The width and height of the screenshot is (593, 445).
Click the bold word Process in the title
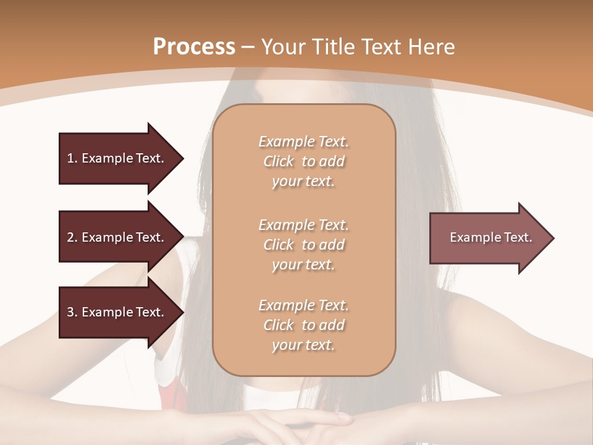coord(194,47)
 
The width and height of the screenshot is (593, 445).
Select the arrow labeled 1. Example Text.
coord(117,158)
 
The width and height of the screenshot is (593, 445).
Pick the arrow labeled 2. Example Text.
coord(117,237)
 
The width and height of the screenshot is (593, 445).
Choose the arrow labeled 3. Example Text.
coord(117,312)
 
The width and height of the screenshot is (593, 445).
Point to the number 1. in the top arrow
coord(72,158)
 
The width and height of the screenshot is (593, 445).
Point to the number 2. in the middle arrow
coord(72,237)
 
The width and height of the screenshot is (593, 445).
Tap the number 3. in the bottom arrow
coord(72,312)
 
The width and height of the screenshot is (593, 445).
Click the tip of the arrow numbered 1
coord(181,158)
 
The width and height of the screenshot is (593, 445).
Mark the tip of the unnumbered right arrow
coord(552,237)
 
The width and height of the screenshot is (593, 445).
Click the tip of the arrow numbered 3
coord(181,312)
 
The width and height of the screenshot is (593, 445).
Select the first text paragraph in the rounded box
coord(303,161)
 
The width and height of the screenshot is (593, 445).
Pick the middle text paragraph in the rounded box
coord(303,245)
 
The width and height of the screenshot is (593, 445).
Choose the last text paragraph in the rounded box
coord(303,325)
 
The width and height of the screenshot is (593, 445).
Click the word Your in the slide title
coord(284,47)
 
